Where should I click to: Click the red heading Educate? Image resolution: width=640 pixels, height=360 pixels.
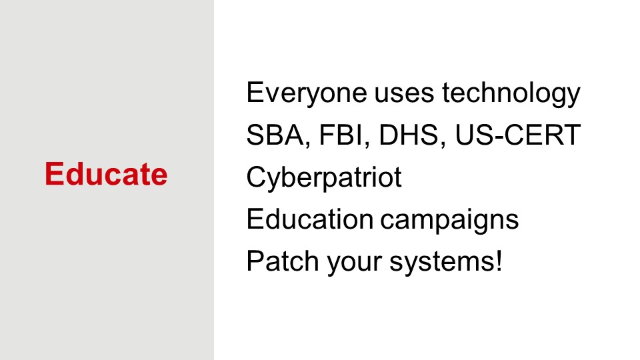click(x=106, y=174)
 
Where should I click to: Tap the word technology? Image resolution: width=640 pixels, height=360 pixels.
click(x=511, y=94)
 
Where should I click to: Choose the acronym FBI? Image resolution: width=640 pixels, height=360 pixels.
click(x=341, y=135)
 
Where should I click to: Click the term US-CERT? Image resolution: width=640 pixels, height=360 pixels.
click(x=517, y=135)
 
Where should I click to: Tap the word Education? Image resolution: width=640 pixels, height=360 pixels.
click(x=310, y=219)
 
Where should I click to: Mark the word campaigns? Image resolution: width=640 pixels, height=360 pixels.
click(x=449, y=221)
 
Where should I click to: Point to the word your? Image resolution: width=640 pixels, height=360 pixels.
click(x=354, y=264)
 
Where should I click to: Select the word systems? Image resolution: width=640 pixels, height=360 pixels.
click(x=442, y=263)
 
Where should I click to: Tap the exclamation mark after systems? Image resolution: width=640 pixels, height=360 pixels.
click(x=499, y=261)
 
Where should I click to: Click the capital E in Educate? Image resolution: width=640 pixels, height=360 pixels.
click(x=53, y=173)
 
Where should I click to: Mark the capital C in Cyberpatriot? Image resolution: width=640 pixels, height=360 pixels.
click(x=257, y=177)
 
